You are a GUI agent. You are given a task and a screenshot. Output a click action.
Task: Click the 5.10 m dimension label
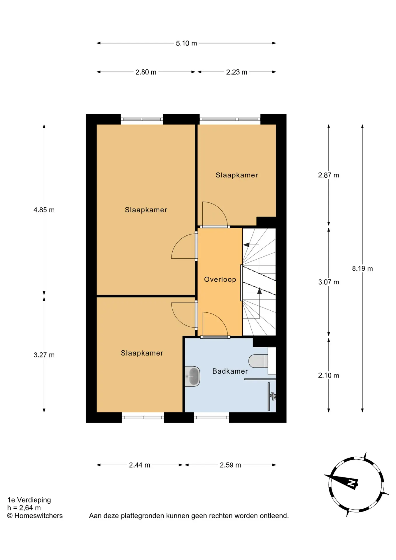186,43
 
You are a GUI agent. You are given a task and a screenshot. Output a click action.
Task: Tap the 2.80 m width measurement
146,72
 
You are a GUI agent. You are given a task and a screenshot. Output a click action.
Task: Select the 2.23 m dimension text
236,72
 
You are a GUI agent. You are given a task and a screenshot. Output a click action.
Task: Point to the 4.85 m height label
44,210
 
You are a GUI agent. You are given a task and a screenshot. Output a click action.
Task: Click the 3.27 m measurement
44,355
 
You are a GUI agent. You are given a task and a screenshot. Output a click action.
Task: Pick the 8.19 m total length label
362,269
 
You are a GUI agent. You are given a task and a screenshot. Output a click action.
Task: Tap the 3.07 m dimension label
329,282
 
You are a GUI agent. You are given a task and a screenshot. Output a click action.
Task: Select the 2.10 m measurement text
329,375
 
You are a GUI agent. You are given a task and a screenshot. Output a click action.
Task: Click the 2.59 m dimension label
230,465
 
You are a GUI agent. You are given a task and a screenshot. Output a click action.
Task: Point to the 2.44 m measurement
139,465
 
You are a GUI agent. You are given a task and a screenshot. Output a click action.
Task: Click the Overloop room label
220,279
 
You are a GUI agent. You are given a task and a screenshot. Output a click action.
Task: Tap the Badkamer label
230,371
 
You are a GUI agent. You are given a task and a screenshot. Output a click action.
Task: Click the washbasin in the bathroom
193,377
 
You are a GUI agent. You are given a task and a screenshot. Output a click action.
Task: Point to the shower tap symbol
273,396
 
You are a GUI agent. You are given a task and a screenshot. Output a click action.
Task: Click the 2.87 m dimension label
329,175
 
